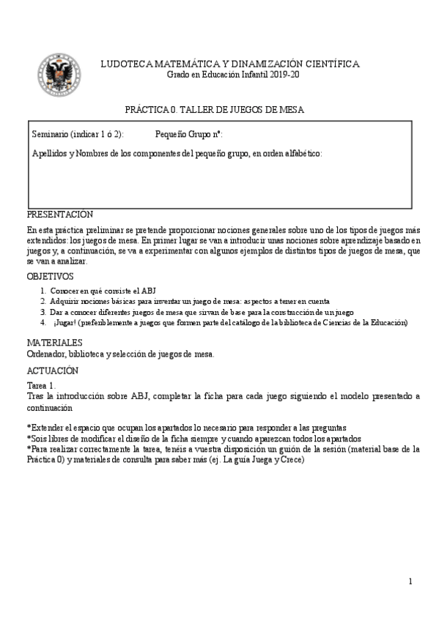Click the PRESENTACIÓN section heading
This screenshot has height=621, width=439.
pyautogui.click(x=59, y=215)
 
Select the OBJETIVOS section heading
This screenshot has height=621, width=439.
pyautogui.click(x=51, y=277)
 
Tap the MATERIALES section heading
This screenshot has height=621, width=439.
pyautogui.click(x=54, y=343)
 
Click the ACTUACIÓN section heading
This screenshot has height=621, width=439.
pyautogui.click(x=52, y=371)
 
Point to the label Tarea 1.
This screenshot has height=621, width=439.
pyautogui.click(x=40, y=385)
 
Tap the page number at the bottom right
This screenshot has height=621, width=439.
pyautogui.click(x=410, y=581)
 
